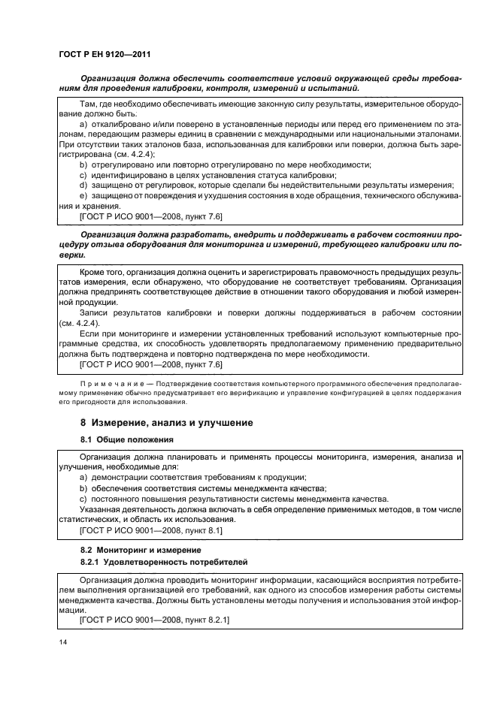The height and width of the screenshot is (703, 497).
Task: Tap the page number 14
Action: pos(62,641)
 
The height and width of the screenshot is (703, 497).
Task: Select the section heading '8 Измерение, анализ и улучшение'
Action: pos(166,423)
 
